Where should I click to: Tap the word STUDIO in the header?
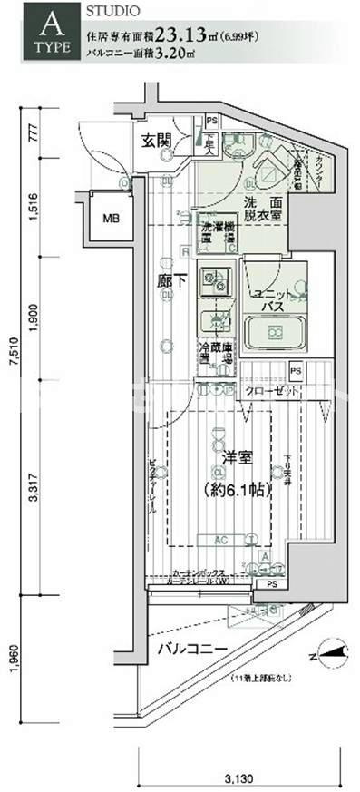pyautogui.click(x=113, y=12)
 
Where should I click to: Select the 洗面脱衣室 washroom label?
pyautogui.click(x=262, y=210)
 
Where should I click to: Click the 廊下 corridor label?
pyautogui.click(x=171, y=280)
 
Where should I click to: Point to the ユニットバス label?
pyautogui.click(x=271, y=299)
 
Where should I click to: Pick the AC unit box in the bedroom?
pyautogui.click(x=220, y=539)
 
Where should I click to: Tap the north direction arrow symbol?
pyautogui.click(x=328, y=649)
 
